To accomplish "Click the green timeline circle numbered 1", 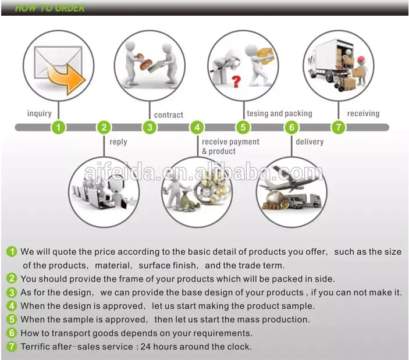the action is click(x=58, y=127).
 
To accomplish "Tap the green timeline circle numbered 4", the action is click(x=197, y=127).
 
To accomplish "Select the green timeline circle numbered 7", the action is click(x=338, y=127).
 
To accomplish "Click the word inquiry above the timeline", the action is click(x=40, y=113).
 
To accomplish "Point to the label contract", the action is click(x=169, y=115).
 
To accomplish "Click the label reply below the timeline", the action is click(x=118, y=142).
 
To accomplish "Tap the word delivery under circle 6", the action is click(x=310, y=141).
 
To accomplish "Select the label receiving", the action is click(x=363, y=113).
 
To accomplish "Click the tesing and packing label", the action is click(x=279, y=113).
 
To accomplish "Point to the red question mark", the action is click(x=236, y=81).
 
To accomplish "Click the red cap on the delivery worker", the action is click(x=361, y=59).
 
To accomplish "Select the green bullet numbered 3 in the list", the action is click(x=12, y=293).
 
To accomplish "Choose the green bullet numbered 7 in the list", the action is click(x=12, y=347).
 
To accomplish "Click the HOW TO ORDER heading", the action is click(x=49, y=8).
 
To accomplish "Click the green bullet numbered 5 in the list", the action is click(x=12, y=320).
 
